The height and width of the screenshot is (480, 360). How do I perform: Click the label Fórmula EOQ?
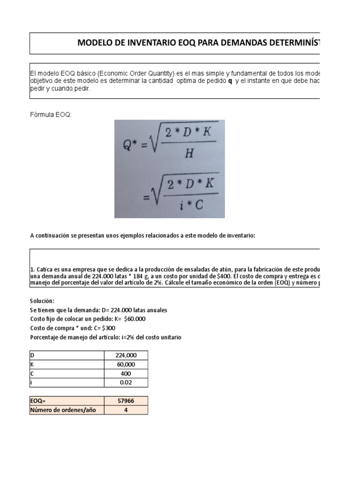coord(51,115)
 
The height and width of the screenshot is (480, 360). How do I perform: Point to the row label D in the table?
coord(32,355)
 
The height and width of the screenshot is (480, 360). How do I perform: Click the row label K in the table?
coord(32,364)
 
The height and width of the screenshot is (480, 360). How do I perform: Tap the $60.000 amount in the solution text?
coord(133,319)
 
